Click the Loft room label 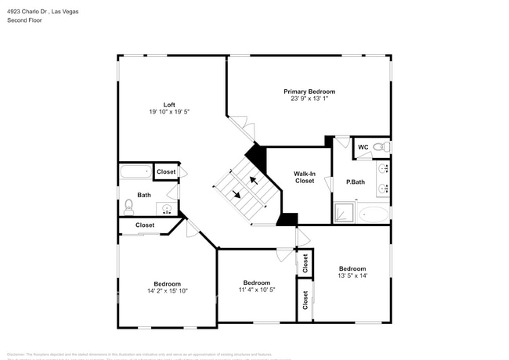(x=169, y=105)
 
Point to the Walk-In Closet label (x=305, y=177)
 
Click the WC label (x=363, y=147)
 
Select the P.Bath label (x=356, y=182)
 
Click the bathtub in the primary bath (x=374, y=214)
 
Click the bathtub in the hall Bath (x=135, y=172)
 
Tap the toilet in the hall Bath (x=128, y=207)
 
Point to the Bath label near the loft (x=144, y=195)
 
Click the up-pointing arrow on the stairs (x=253, y=180)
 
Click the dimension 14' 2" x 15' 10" (x=167, y=290)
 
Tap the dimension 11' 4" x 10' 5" (x=257, y=290)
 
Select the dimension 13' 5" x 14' (x=352, y=275)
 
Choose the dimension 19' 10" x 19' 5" (x=169, y=112)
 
